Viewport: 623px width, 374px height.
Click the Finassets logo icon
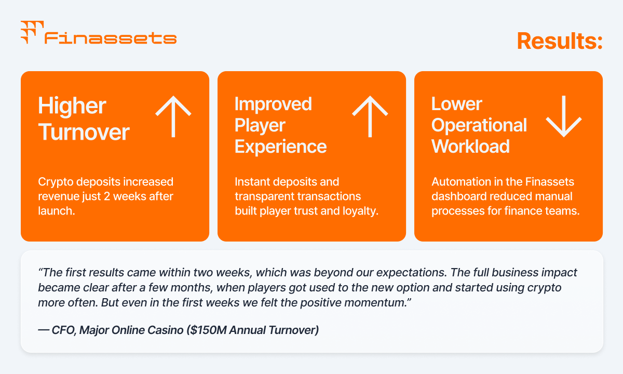point(32,32)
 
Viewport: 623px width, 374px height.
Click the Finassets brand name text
point(111,38)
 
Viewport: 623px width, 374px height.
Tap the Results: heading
point(560,41)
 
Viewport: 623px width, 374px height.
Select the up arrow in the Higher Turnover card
point(173,116)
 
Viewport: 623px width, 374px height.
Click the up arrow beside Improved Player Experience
point(370,116)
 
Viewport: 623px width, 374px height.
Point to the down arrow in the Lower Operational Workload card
point(564,116)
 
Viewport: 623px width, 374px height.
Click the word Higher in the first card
point(72,106)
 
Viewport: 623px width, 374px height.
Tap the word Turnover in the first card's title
point(84,132)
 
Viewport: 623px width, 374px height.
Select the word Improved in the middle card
point(273,104)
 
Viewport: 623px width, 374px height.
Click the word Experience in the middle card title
point(281,147)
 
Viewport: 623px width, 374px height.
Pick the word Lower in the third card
point(457,104)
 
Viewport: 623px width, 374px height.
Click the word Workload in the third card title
point(470,146)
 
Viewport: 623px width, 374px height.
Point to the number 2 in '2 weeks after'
point(107,196)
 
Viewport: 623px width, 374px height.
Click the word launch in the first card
point(56,211)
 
